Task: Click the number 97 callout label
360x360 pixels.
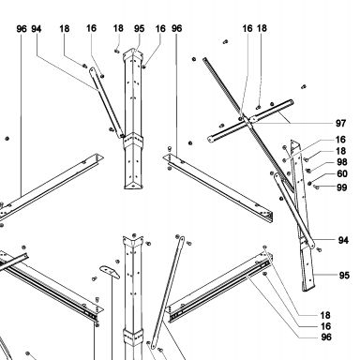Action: click(340, 123)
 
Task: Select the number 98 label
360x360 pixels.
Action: click(342, 162)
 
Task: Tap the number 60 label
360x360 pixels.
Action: click(342, 173)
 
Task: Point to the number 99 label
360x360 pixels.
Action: click(342, 187)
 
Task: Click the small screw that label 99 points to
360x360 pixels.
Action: click(316, 187)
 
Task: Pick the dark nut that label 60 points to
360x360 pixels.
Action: click(310, 184)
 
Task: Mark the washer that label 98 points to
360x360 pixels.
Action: click(308, 171)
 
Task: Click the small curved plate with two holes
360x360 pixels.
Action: click(110, 272)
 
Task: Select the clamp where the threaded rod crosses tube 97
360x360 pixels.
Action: click(248, 120)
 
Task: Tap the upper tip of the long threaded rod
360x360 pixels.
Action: click(204, 59)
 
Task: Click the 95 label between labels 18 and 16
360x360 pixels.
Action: click(139, 29)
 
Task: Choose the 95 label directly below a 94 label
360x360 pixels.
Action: click(344, 276)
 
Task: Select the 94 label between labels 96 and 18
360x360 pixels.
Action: click(37, 29)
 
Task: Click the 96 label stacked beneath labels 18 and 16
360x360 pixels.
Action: click(326, 337)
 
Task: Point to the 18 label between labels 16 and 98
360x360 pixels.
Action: click(340, 151)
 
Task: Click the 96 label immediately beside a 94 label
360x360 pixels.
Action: click(22, 29)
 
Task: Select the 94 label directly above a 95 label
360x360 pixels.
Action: click(343, 240)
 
